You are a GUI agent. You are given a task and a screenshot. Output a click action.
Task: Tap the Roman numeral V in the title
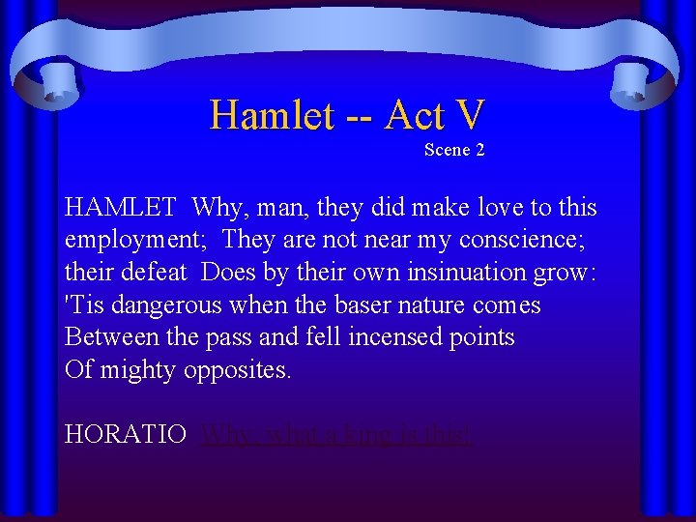click(x=468, y=116)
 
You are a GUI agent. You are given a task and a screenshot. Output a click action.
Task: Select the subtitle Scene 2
click(x=454, y=150)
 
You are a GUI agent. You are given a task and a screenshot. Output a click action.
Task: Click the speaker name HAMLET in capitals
click(x=120, y=208)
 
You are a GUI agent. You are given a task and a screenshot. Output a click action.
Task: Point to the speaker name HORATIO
click(x=126, y=435)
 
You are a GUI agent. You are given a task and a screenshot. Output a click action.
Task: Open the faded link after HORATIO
click(x=336, y=435)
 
